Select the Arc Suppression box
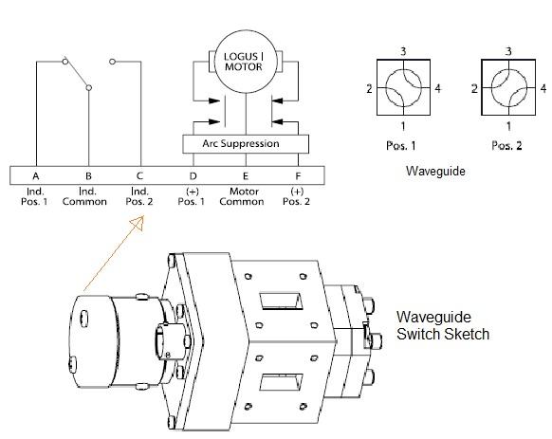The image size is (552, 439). click(x=247, y=144)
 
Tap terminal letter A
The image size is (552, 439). click(x=35, y=176)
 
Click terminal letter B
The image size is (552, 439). click(x=88, y=176)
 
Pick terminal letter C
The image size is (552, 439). click(x=140, y=176)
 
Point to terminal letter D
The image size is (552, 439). click(x=193, y=176)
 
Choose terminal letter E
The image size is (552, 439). click(x=247, y=176)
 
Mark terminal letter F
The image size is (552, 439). click(x=299, y=176)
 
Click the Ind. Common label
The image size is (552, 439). click(x=88, y=197)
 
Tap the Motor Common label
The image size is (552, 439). click(x=247, y=197)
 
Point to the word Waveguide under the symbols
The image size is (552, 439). click(x=432, y=173)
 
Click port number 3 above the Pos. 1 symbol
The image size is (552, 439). click(x=403, y=50)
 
